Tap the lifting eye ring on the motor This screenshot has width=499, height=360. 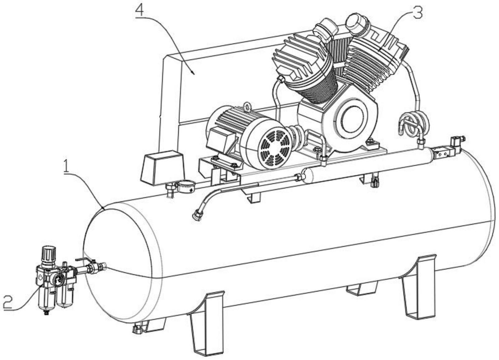247,107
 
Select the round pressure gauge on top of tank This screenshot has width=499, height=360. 186,187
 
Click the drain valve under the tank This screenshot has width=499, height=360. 136,329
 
